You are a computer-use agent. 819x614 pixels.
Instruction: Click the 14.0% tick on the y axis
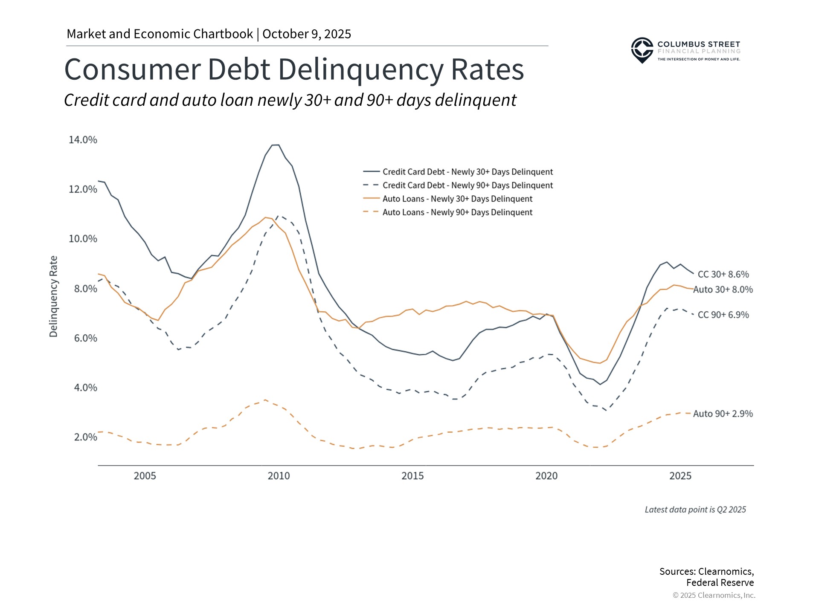[x=83, y=140]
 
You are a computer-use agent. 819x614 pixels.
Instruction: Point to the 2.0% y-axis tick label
[x=85, y=437]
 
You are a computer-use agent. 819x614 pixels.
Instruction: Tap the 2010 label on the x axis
[x=279, y=476]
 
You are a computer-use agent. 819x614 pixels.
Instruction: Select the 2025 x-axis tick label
[x=680, y=476]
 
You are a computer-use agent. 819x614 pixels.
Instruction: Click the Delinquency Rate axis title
[x=53, y=296]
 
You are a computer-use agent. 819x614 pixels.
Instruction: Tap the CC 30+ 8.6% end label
[x=723, y=274]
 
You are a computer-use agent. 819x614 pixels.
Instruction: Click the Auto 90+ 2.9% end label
[x=723, y=414]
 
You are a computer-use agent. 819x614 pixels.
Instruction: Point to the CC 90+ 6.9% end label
[x=723, y=315]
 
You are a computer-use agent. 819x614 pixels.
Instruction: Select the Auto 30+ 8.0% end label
[x=723, y=290]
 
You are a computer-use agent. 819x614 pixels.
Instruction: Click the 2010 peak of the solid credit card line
[x=276, y=145]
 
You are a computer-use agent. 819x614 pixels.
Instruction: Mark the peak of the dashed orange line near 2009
[x=265, y=400]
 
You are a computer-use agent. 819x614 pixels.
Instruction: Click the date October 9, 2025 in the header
[x=307, y=34]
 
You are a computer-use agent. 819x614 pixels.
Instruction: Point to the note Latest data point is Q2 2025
[x=695, y=510]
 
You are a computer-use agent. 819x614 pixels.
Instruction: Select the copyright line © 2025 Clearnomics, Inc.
[x=714, y=595]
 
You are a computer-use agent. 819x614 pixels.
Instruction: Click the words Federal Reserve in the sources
[x=720, y=582]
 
